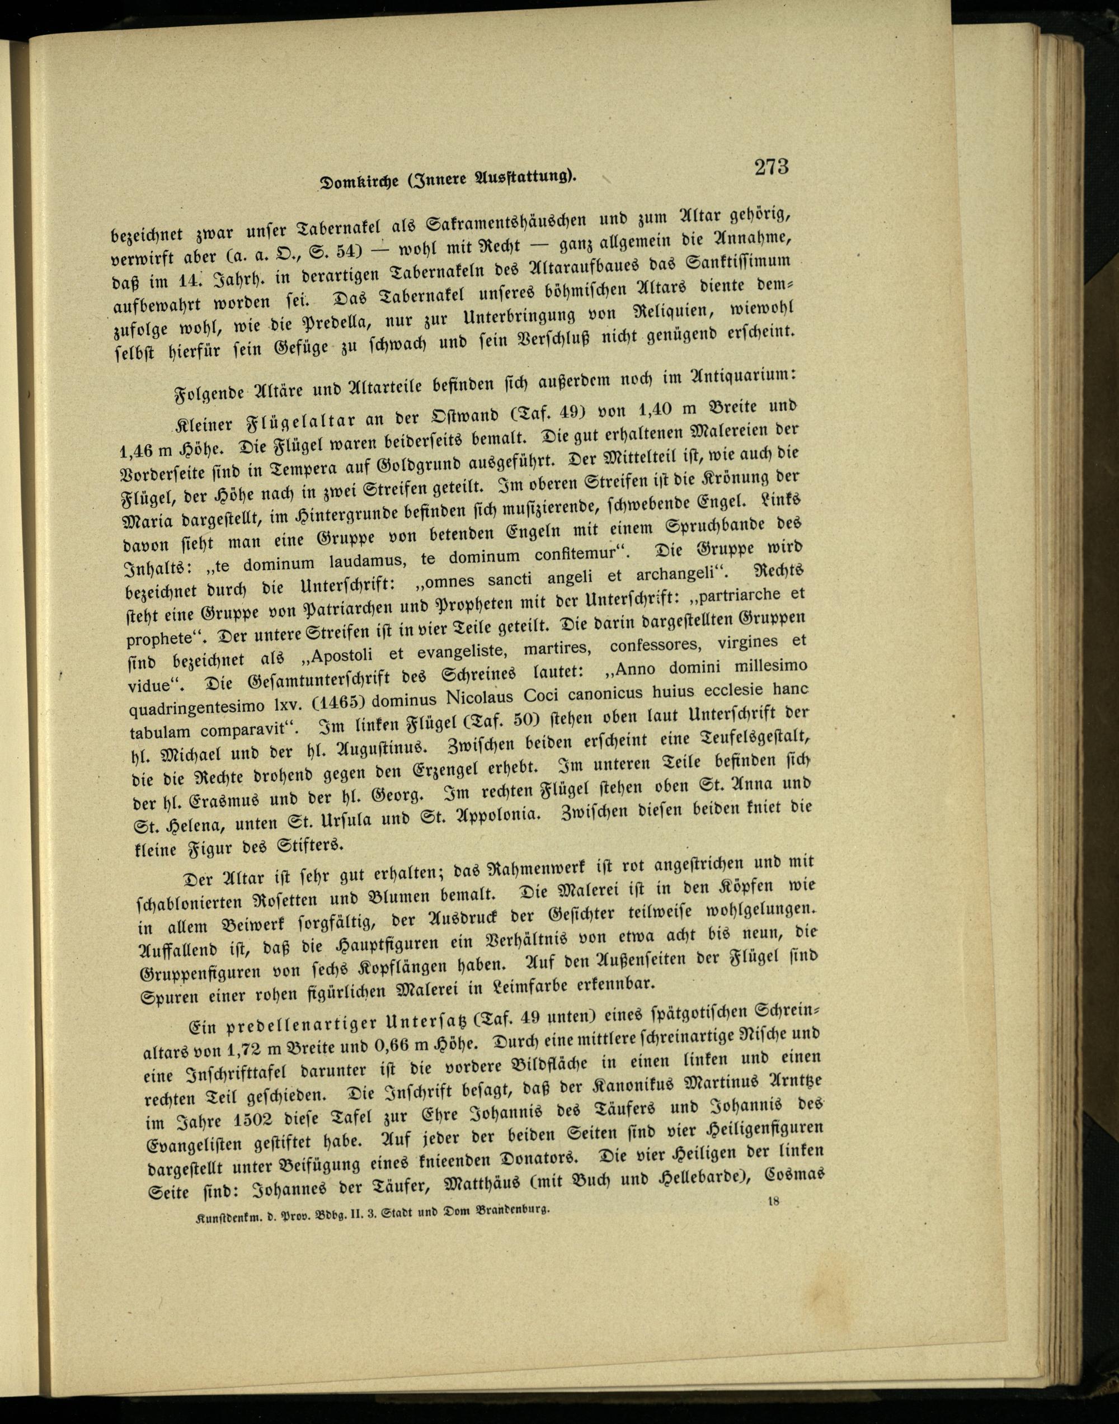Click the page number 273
pyautogui.click(x=770, y=167)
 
